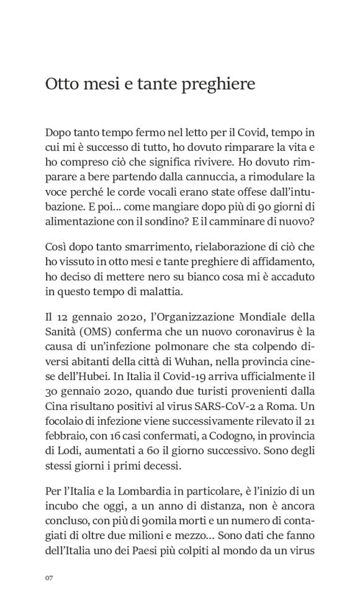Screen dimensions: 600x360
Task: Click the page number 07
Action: pos(50,578)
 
